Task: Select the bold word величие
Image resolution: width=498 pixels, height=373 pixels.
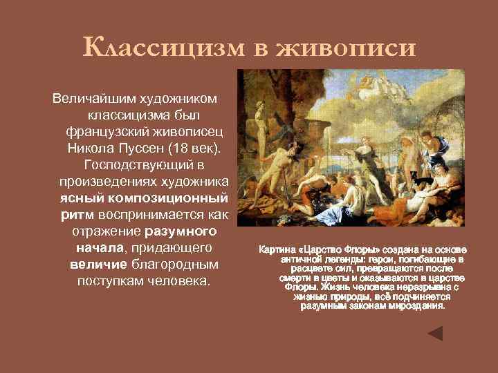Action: [97, 264]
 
